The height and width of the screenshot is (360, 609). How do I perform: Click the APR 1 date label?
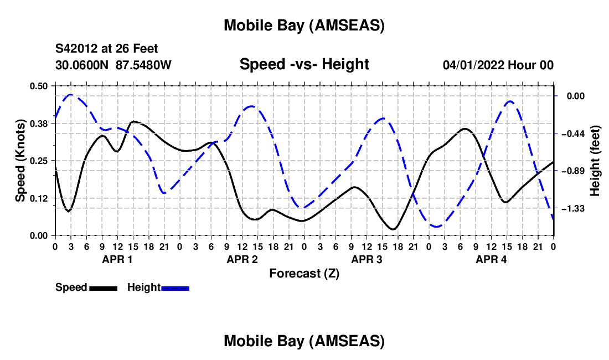[117, 259]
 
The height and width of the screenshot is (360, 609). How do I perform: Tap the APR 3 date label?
[367, 259]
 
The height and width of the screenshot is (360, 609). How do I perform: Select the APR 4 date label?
[492, 259]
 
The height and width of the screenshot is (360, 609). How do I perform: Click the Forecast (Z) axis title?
[304, 273]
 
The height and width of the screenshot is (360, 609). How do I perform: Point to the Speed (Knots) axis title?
[20, 161]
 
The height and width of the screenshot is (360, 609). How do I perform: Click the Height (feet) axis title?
[595, 161]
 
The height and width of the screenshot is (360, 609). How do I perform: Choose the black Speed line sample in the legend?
[102, 288]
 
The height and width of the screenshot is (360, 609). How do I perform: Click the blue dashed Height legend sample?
[175, 288]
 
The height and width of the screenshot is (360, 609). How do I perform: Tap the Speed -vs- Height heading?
[304, 65]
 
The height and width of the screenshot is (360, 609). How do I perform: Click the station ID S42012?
[77, 49]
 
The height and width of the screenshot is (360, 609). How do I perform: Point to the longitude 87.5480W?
[143, 65]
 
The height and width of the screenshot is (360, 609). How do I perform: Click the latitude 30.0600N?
[82, 65]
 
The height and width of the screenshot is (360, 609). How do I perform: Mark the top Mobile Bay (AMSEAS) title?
[304, 25]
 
